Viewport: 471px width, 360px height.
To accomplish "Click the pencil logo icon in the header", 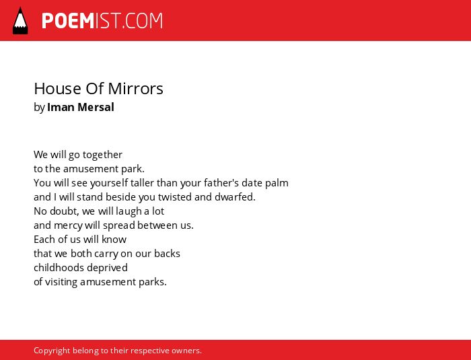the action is (20, 21).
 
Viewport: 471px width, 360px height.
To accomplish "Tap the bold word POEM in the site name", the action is (68, 21).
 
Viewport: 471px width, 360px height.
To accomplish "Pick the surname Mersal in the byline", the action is (96, 107).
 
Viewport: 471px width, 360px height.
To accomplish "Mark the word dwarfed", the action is (235, 197).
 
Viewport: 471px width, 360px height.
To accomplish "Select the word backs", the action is (167, 253).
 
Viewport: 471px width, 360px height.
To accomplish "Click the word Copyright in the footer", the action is (52, 351).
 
